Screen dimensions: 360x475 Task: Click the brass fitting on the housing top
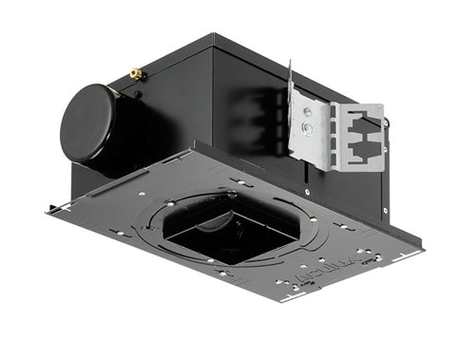pos(136,72)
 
